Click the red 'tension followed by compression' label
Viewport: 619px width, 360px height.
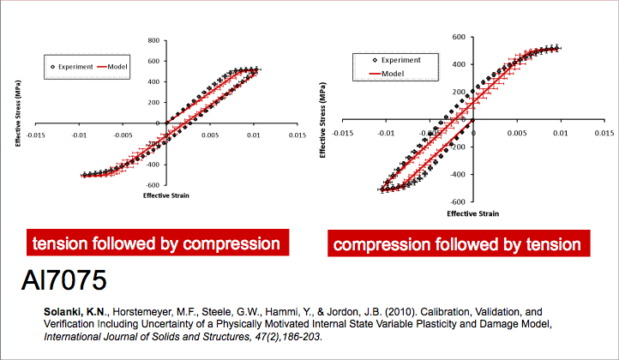pos(156,244)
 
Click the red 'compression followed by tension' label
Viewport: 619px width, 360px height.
pos(457,245)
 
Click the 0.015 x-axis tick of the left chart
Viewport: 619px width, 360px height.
pos(296,134)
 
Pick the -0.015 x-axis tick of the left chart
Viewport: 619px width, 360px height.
pos(36,134)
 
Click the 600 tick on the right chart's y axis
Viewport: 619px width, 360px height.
pos(459,37)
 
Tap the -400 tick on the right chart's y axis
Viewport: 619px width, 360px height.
pos(456,175)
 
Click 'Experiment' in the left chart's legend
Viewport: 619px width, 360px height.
pos(76,66)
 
